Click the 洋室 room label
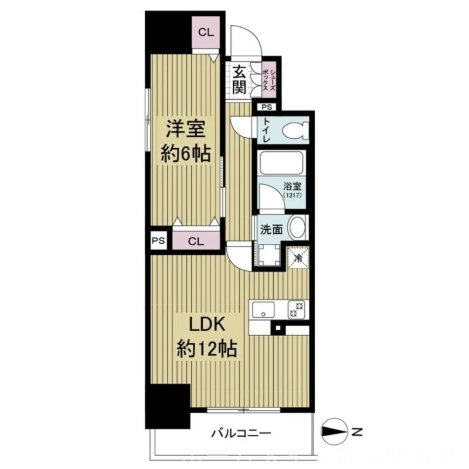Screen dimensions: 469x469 pos(185,127)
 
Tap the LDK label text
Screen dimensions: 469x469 pos(206,324)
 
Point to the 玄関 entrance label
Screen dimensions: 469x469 pos(239,79)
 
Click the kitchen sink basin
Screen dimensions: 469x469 pos(264,309)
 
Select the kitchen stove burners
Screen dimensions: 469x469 pos(296,309)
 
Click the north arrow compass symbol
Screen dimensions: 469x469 pos(335,433)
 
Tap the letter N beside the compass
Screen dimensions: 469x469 pos(356,433)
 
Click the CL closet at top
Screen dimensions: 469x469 pos(205,33)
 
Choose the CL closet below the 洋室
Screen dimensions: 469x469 pos(196,241)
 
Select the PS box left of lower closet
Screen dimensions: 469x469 pos(157,241)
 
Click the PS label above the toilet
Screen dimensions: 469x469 pos(267,107)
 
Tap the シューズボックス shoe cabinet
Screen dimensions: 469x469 pos(269,80)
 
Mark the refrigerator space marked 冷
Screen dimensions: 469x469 pos(298,257)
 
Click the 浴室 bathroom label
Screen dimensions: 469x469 pos(291,186)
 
